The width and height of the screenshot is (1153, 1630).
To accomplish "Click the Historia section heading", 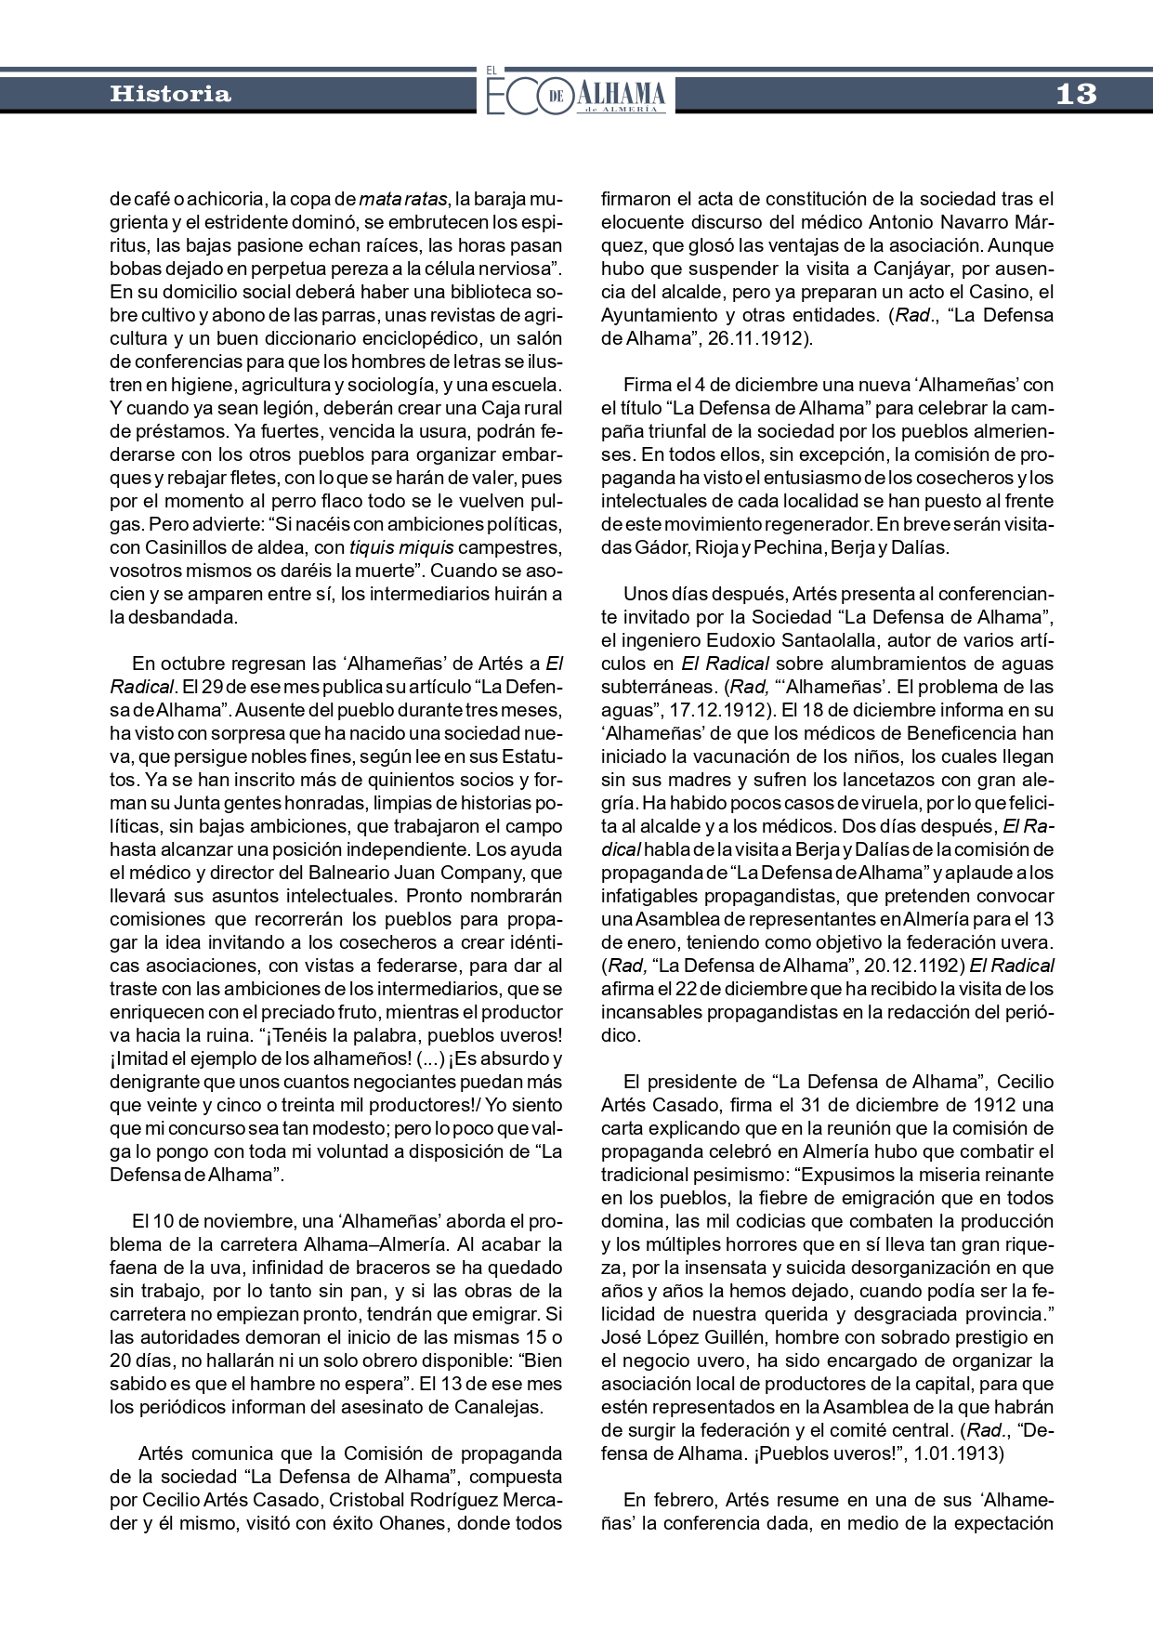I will (170, 94).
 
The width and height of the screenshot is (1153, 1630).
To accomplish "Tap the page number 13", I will (1076, 94).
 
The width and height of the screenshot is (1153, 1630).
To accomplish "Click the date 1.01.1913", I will (958, 1453).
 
